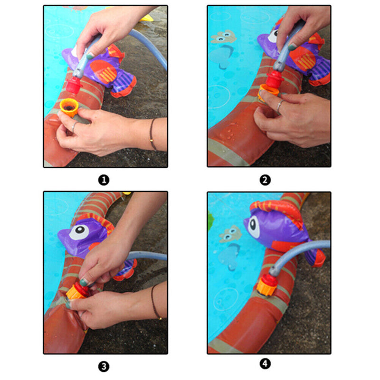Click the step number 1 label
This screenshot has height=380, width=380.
click(x=104, y=180)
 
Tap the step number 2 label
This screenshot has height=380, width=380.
click(x=265, y=180)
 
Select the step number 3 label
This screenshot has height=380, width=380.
click(x=104, y=366)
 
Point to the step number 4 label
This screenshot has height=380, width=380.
click(x=265, y=363)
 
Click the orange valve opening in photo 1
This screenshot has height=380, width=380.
click(x=69, y=107)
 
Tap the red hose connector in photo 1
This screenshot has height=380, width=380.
click(x=73, y=85)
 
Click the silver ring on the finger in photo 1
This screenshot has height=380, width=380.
click(x=74, y=127)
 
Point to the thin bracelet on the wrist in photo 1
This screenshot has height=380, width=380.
click(x=152, y=134)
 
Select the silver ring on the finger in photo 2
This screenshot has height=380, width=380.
click(x=279, y=105)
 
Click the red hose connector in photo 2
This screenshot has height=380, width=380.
click(x=275, y=78)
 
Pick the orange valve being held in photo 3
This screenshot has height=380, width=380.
click(x=74, y=293)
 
